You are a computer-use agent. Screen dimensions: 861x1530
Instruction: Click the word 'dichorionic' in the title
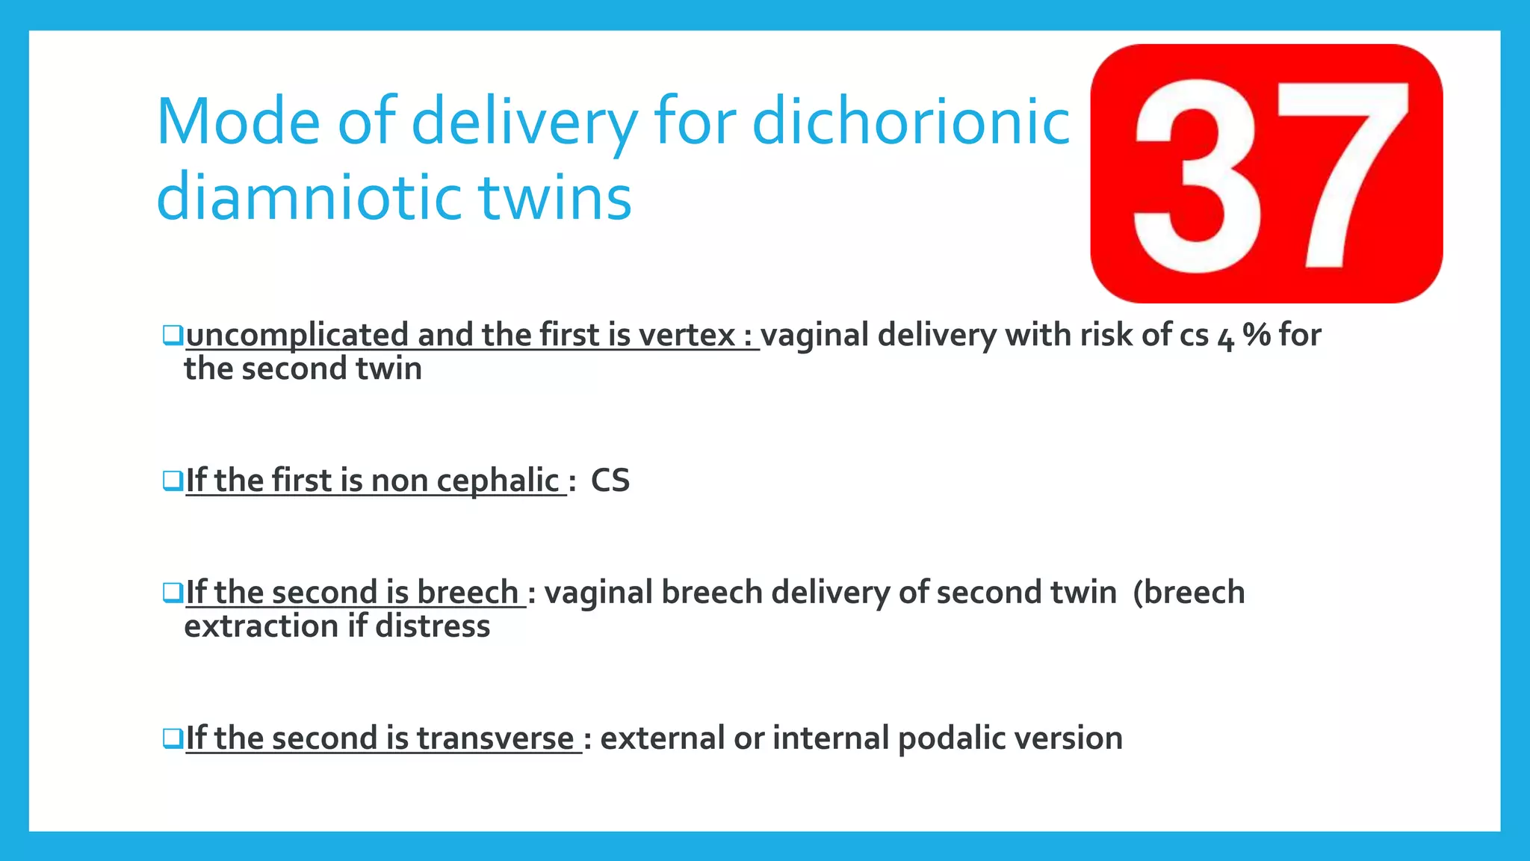click(x=911, y=121)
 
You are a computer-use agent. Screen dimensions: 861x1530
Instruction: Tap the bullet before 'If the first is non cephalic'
click(x=173, y=480)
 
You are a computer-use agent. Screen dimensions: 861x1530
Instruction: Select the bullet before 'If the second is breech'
click(x=173, y=592)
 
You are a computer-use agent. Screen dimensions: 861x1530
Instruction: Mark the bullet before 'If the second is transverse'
click(x=173, y=738)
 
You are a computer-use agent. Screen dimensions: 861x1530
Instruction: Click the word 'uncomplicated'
click(x=297, y=336)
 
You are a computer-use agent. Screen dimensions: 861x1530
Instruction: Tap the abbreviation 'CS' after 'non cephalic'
click(x=610, y=480)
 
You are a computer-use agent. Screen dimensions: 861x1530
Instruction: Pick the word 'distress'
click(x=433, y=626)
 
